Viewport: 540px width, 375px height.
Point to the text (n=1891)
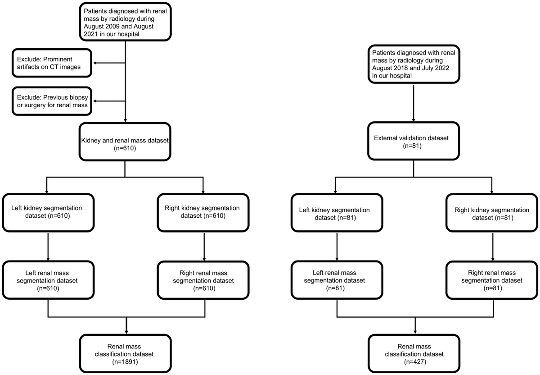coord(124,361)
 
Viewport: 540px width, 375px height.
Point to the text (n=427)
coord(414,361)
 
